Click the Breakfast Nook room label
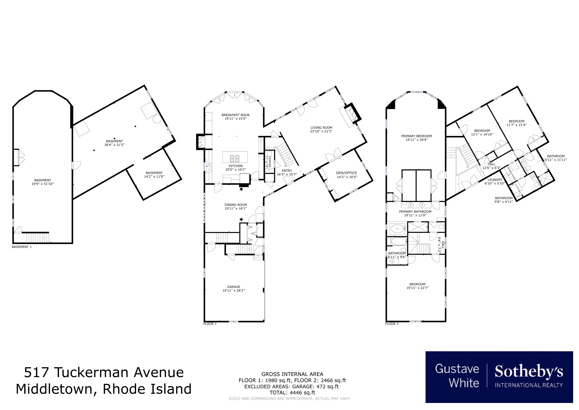coord(236,115)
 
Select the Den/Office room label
coord(346,173)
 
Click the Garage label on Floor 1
coord(234,287)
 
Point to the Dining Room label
coord(236,205)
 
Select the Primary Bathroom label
coord(415,212)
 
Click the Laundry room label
coord(495,180)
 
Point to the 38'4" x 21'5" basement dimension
coord(114,145)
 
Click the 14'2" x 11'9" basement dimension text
coord(154,176)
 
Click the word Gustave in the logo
coord(457,369)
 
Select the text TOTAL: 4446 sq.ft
coord(292,393)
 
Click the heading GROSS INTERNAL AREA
coord(292,374)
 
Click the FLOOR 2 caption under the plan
coord(392,324)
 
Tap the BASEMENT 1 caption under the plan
coord(22,247)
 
